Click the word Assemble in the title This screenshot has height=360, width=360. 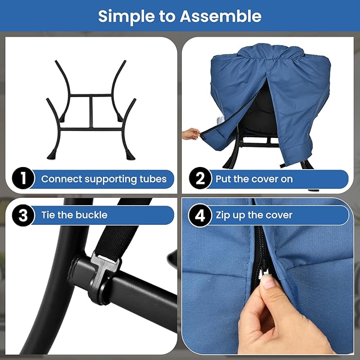(221, 16)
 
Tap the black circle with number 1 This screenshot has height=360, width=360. (23, 178)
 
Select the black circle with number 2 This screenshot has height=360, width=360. (200, 178)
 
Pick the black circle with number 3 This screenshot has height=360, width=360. (23, 215)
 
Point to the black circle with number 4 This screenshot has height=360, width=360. (200, 215)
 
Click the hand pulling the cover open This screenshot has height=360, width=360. (191, 134)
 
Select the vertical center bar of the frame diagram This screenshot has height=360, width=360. (91, 111)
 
